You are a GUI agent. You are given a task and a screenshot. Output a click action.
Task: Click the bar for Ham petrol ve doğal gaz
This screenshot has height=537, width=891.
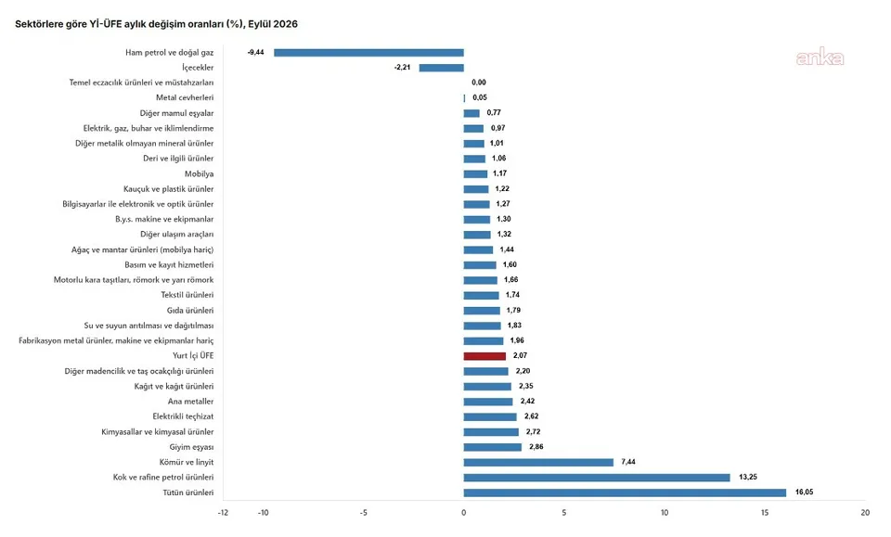368,53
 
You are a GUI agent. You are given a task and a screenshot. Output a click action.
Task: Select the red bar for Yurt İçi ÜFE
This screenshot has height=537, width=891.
484,356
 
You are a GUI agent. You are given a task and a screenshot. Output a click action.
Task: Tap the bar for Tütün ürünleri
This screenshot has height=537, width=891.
625,492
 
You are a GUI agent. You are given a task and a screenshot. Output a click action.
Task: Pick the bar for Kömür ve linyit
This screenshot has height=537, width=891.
538,462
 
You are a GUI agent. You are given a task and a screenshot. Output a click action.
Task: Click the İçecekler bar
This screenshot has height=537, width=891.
442,68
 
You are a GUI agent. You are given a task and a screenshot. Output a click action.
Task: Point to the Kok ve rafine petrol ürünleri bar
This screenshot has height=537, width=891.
597,478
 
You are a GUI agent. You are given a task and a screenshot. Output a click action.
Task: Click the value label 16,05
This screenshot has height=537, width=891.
804,492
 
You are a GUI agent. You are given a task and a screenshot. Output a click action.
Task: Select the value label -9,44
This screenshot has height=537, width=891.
256,52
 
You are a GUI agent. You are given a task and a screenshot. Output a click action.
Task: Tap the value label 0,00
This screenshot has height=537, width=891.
479,83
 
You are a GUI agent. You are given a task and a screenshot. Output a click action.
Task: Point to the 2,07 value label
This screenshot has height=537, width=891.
520,355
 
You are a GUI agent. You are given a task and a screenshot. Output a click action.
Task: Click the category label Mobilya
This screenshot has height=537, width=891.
199,173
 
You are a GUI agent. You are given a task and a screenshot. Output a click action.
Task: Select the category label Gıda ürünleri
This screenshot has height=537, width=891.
190,311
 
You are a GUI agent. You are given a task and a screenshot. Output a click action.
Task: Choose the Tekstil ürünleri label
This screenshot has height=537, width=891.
187,295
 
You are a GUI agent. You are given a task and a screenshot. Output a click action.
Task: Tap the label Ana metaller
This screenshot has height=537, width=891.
191,402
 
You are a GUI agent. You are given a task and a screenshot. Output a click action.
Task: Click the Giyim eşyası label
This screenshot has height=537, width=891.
191,447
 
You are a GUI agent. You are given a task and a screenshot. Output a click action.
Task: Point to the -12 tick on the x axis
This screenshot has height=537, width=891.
223,513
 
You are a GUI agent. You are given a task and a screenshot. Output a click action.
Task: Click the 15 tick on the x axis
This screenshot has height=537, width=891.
765,513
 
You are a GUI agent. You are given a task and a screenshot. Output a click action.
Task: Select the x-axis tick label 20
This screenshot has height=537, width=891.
865,513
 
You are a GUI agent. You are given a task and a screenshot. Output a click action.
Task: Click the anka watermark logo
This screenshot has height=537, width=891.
820,58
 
